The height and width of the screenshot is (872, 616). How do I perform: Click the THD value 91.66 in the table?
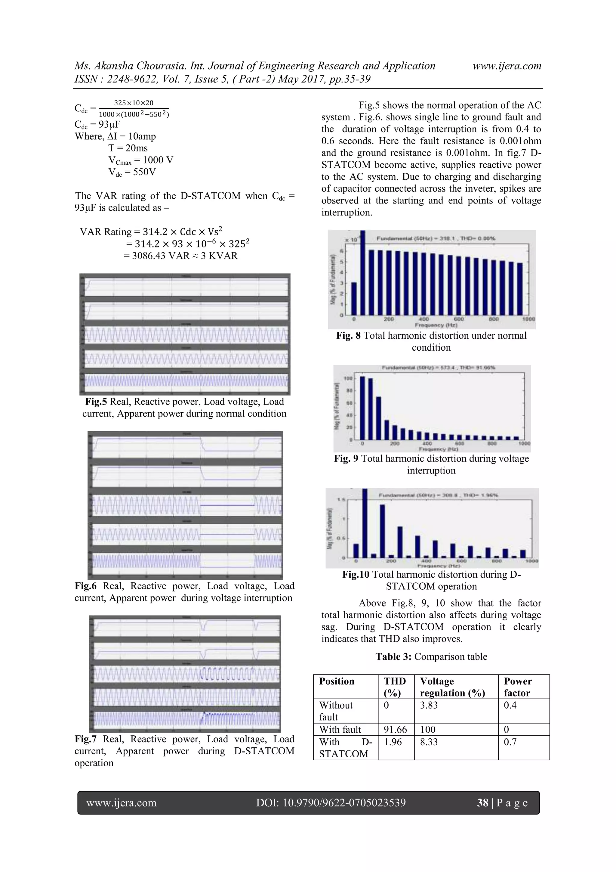click(x=395, y=729)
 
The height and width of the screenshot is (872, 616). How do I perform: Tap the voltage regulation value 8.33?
click(x=429, y=742)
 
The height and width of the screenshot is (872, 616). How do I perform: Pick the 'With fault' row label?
click(x=340, y=729)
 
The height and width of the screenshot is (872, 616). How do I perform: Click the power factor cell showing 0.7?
click(x=510, y=742)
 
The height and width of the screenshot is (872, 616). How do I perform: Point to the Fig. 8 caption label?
click(x=348, y=335)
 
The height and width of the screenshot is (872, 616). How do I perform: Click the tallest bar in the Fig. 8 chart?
click(x=362, y=273)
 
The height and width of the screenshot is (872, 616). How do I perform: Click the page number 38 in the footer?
click(x=482, y=802)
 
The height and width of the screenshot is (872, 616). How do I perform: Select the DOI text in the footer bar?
click(x=331, y=802)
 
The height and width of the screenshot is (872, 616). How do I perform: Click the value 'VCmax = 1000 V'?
click(x=140, y=160)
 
